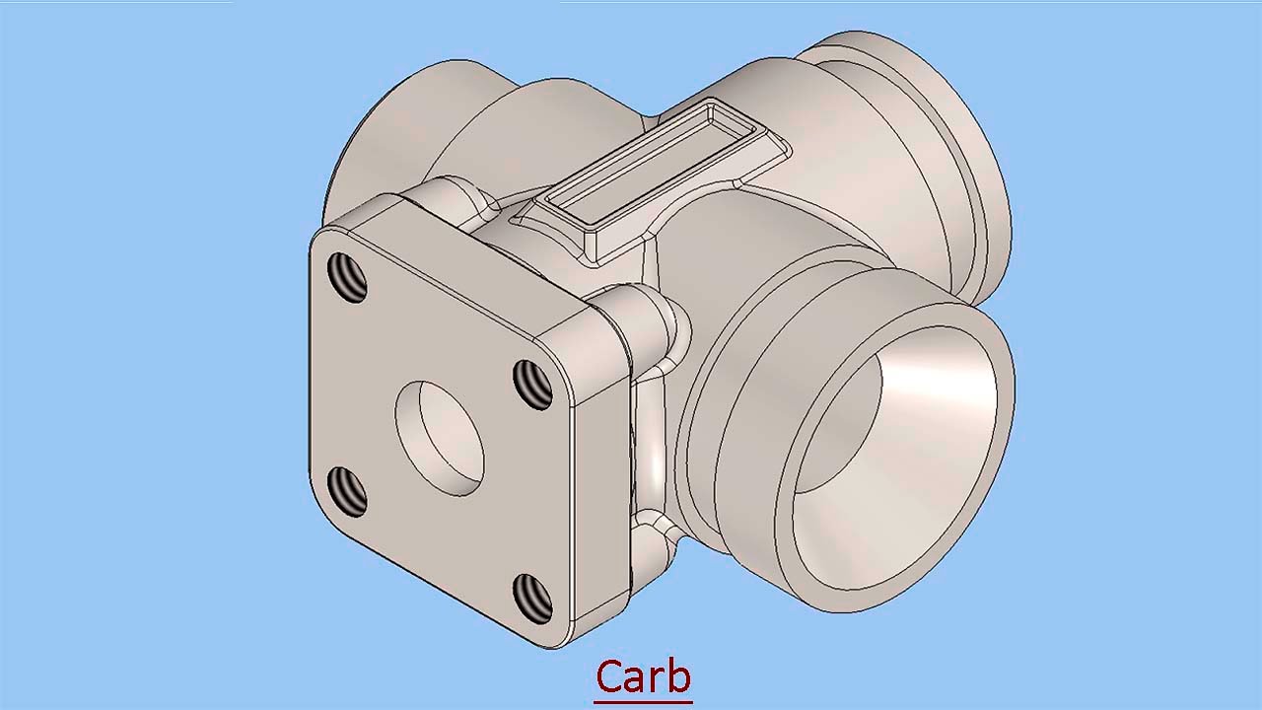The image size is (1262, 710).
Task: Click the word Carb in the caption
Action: click(x=643, y=676)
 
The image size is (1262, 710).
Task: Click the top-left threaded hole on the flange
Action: click(x=346, y=278)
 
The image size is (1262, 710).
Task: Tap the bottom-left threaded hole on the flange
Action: click(x=346, y=491)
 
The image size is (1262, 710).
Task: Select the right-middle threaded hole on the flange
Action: click(x=533, y=385)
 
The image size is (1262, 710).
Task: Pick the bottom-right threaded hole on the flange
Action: click(x=533, y=598)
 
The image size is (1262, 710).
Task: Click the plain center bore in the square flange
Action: click(x=441, y=438)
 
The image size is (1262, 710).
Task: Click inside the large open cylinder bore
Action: click(x=887, y=463)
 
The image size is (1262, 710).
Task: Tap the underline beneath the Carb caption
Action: click(x=643, y=701)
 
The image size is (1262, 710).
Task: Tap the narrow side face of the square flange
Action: click(x=601, y=473)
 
